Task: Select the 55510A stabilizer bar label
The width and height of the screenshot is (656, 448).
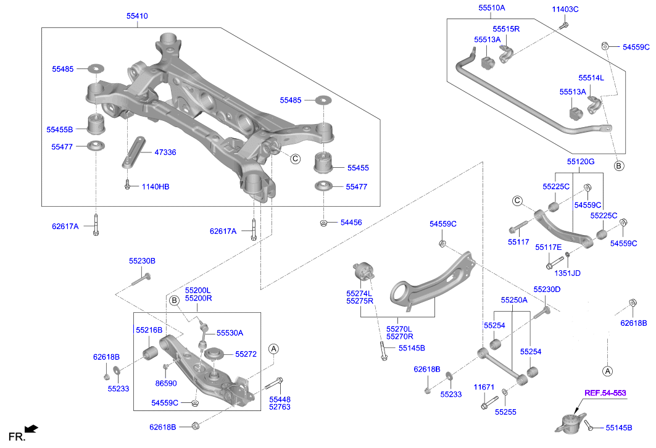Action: point(491,8)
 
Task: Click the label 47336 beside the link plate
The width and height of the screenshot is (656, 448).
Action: point(165,152)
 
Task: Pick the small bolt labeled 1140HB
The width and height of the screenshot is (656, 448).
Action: point(127,184)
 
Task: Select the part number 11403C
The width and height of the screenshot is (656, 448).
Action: point(565,9)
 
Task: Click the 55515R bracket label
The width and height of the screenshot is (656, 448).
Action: point(506,28)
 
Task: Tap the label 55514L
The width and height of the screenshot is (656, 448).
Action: point(591,78)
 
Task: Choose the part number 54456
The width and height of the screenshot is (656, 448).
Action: point(351,222)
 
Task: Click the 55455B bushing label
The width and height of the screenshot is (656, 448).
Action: point(59,130)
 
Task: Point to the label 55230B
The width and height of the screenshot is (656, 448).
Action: point(142,261)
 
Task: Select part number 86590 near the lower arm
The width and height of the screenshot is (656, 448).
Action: point(167,383)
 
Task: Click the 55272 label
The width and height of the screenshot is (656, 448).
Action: point(246,354)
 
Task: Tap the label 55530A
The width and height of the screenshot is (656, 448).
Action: point(230,333)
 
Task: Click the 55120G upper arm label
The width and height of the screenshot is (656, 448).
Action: point(581,162)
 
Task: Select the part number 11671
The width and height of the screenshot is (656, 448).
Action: point(484,388)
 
